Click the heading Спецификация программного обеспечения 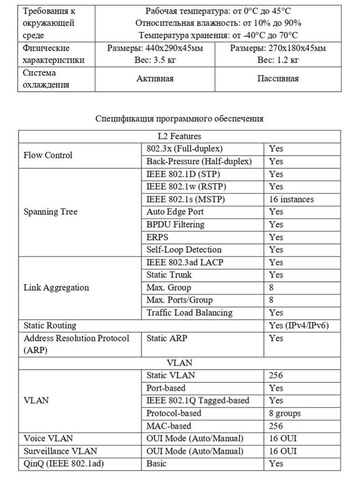(x=179, y=119)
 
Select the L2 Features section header (x=179, y=136)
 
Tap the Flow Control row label (x=48, y=155)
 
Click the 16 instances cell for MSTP (x=291, y=199)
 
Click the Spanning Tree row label (x=50, y=212)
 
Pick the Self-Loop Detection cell (x=184, y=250)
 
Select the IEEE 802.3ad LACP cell (x=185, y=262)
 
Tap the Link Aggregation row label (x=56, y=287)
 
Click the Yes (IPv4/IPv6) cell (x=299, y=325)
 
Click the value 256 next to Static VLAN (x=276, y=375)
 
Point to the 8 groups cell (x=285, y=413)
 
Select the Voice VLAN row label (x=48, y=438)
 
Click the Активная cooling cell (x=155, y=78)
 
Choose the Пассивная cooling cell (x=278, y=78)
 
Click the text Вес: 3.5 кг (x=155, y=60)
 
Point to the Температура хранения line (x=218, y=35)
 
